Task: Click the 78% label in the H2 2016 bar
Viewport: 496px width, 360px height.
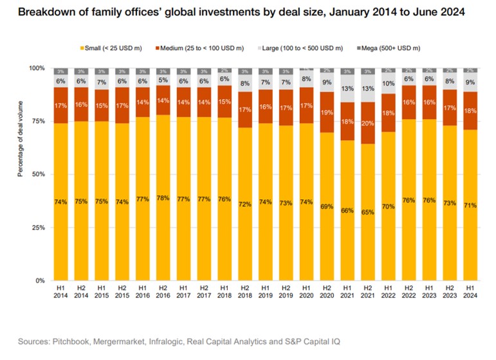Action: click(163, 198)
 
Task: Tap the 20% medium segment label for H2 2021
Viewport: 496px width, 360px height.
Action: click(368, 124)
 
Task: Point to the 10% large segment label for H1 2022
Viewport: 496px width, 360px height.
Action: click(389, 84)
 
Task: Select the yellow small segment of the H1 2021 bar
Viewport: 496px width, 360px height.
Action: click(347, 212)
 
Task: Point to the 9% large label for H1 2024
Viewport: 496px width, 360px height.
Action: click(470, 82)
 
